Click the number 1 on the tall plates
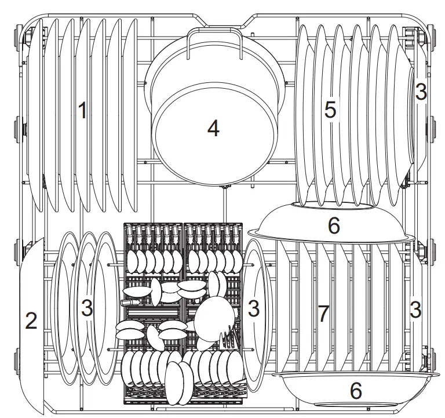pos(83,110)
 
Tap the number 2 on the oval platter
pos(31,320)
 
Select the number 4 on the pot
pos(214,129)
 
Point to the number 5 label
pos(330,110)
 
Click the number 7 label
pos(323,314)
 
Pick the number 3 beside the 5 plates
pos(421,92)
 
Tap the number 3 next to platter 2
pos(86,308)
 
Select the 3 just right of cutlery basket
pos(253,308)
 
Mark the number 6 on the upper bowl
pos(333,226)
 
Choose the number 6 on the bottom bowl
pos(356,390)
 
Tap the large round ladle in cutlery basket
pos(214,316)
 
